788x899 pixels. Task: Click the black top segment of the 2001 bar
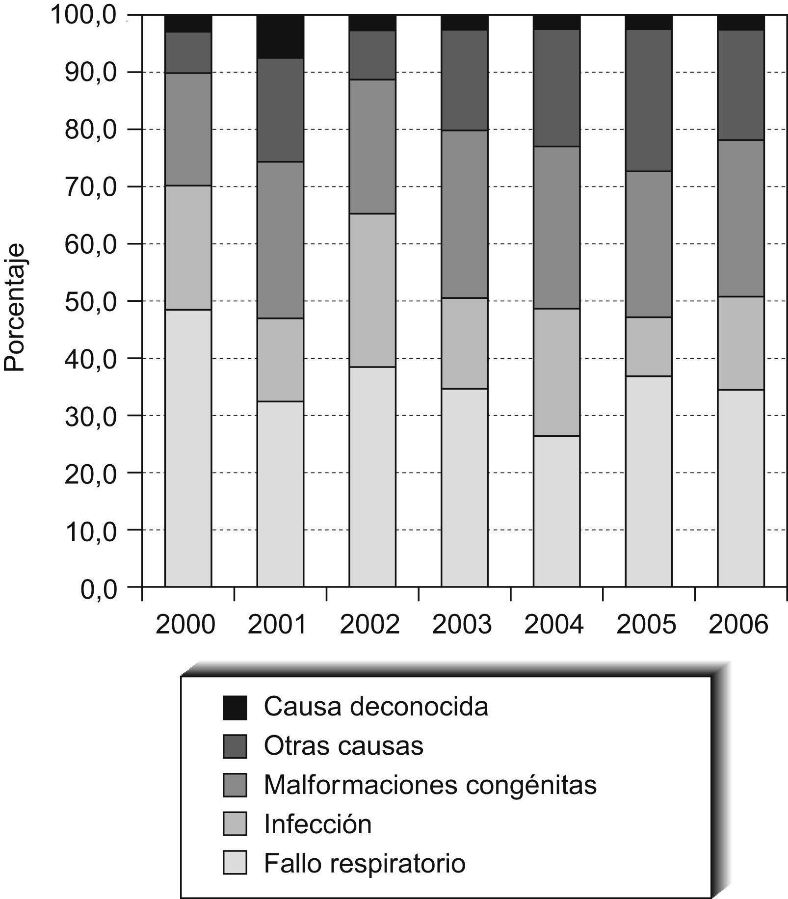pos(280,37)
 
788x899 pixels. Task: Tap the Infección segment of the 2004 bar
pos(556,372)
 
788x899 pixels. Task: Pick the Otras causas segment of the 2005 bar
pos(649,101)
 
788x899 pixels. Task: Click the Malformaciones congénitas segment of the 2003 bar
pos(464,214)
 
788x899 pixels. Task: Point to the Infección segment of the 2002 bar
pos(372,290)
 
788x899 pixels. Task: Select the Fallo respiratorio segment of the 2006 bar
pos(740,488)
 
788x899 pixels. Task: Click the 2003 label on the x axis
pos(462,625)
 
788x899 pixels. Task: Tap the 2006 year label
pos(738,625)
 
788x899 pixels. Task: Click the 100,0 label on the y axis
pos(84,15)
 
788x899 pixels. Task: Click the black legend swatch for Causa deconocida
pos(235,708)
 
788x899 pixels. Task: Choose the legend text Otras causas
pos(343,746)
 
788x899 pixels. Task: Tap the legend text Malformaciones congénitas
pos(430,785)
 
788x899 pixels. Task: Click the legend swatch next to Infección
pos(235,824)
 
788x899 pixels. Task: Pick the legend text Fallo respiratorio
pos(365,863)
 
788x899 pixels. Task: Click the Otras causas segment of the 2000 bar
pos(188,53)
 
